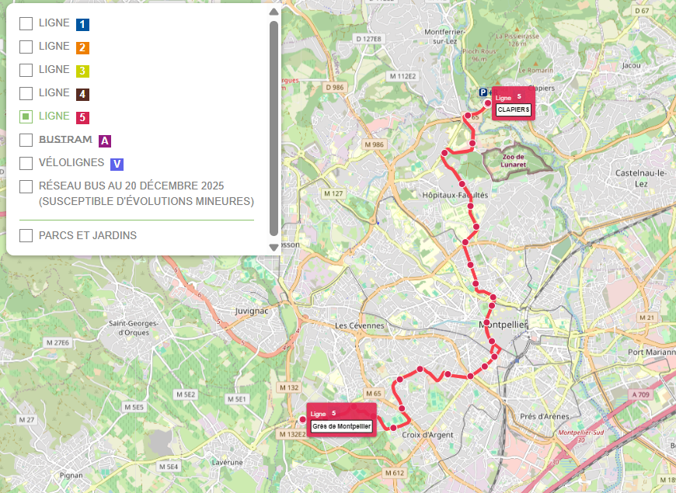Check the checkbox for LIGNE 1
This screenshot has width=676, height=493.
click(x=26, y=24)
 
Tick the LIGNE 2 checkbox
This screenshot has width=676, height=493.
click(x=26, y=47)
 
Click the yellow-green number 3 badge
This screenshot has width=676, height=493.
click(x=82, y=71)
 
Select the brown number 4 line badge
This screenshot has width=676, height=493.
click(x=82, y=94)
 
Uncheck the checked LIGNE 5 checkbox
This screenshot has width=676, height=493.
click(x=26, y=117)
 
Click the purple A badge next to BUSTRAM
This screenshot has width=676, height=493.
click(x=105, y=141)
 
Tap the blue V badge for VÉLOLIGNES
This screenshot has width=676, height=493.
click(x=117, y=164)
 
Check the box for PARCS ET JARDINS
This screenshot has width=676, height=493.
click(x=26, y=235)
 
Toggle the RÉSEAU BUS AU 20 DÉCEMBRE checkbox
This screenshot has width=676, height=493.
click(x=26, y=186)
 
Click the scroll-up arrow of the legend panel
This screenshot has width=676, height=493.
click(x=274, y=12)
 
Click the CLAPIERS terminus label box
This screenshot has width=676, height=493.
click(x=513, y=110)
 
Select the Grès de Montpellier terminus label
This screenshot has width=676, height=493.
click(x=342, y=426)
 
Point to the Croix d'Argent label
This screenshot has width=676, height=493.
click(x=427, y=435)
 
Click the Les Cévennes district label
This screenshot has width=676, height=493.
click(x=359, y=325)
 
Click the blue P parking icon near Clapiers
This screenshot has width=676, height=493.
click(x=483, y=92)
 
